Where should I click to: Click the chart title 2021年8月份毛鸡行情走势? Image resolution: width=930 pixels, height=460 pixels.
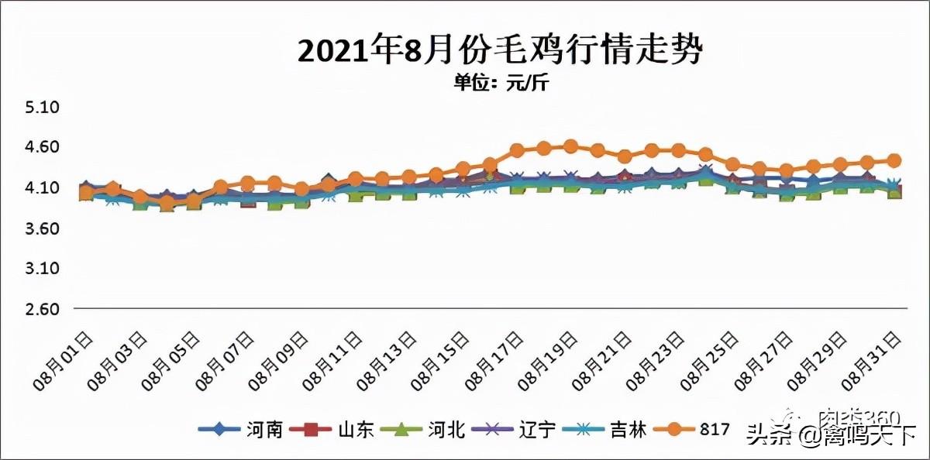click(x=501, y=51)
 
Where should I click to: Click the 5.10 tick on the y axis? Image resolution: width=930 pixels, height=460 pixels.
click(x=42, y=107)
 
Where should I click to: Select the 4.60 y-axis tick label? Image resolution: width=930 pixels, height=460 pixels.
click(x=42, y=147)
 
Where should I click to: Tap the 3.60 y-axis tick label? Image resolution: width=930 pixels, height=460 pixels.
click(x=42, y=228)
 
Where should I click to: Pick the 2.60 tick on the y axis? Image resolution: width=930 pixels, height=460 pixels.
click(x=42, y=309)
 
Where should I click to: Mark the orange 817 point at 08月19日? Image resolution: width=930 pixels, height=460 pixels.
click(x=570, y=146)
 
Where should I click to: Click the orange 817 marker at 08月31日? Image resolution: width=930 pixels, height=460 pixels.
click(x=894, y=160)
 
